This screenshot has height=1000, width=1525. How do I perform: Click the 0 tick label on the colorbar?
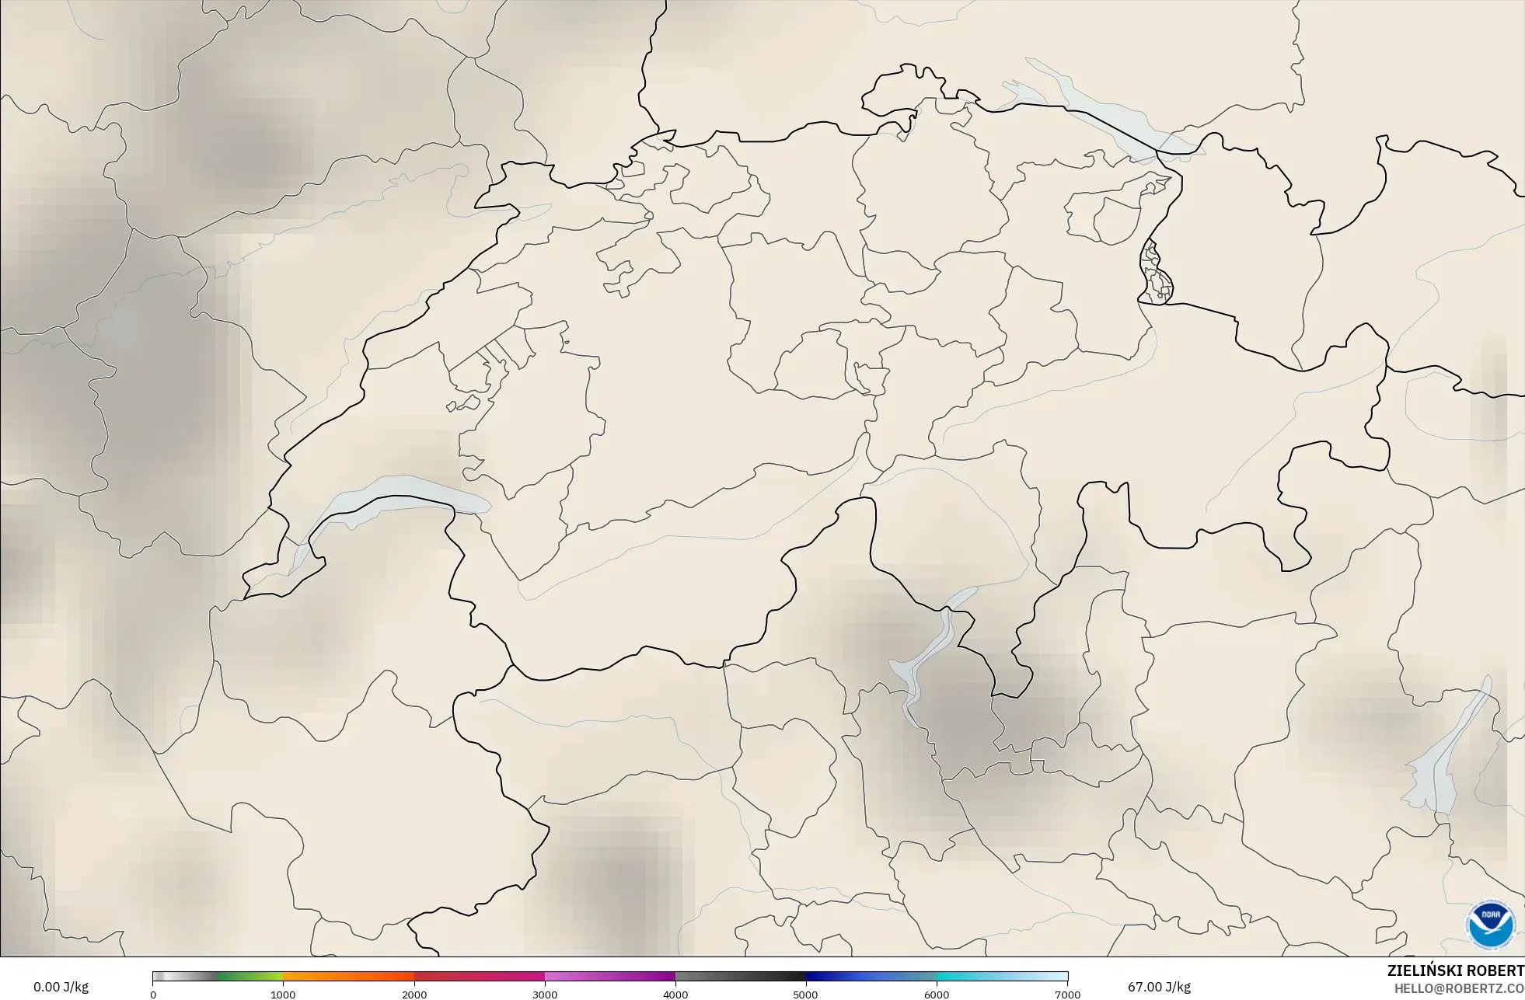coord(153,994)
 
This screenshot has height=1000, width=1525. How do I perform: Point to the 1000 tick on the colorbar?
coord(283,994)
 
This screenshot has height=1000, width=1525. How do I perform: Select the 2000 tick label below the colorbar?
coord(414,994)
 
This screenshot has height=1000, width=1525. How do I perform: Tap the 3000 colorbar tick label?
coord(545,994)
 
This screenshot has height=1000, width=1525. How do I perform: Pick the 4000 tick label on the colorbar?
coord(675,994)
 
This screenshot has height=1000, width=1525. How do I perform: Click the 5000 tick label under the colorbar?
coord(806,994)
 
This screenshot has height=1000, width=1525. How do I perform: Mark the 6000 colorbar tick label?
coord(937,994)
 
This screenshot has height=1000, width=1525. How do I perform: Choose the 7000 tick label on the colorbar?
coord(1067,994)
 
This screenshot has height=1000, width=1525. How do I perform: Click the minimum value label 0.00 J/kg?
coord(61,987)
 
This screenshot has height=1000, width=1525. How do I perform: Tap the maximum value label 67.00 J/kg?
coord(1159,987)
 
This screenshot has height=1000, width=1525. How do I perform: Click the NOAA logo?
coord(1490,925)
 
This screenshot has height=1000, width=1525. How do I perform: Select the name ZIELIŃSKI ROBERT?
coord(1455,970)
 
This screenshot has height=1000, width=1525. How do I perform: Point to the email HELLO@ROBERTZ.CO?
coord(1459,988)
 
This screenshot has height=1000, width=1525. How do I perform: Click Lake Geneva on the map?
coord(396,494)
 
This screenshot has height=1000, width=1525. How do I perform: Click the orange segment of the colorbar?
coord(348,977)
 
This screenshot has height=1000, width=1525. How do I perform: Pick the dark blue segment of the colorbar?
coord(871,977)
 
